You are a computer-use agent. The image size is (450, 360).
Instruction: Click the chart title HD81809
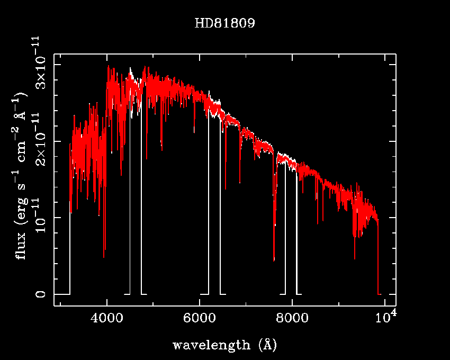point(224,24)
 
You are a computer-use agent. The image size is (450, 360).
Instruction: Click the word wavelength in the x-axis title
point(211,345)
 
